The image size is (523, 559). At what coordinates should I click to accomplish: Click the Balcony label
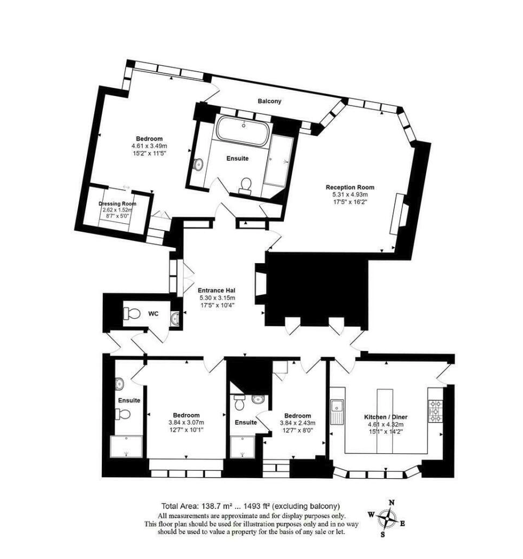click(x=269, y=101)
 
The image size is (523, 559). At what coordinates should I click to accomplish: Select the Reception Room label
click(x=350, y=187)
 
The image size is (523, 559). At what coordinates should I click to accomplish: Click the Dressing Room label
click(x=117, y=204)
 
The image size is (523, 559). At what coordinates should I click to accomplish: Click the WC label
click(x=153, y=314)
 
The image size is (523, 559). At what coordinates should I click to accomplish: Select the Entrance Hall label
click(x=217, y=291)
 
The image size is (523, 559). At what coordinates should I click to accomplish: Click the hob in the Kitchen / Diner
click(x=435, y=411)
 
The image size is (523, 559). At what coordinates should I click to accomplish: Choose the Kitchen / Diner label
click(x=386, y=417)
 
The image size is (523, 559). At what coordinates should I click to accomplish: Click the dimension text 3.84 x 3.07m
click(x=186, y=423)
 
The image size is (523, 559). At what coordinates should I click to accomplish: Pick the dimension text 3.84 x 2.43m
click(x=297, y=423)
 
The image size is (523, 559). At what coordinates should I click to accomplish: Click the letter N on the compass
click(x=392, y=503)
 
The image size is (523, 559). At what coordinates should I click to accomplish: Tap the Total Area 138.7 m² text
click(x=197, y=506)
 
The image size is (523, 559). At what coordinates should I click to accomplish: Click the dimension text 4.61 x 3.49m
click(x=149, y=146)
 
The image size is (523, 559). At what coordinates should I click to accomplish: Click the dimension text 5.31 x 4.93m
click(x=350, y=195)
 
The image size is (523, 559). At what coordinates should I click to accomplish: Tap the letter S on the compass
click(x=382, y=534)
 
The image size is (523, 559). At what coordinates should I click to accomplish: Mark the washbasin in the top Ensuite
click(x=198, y=164)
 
